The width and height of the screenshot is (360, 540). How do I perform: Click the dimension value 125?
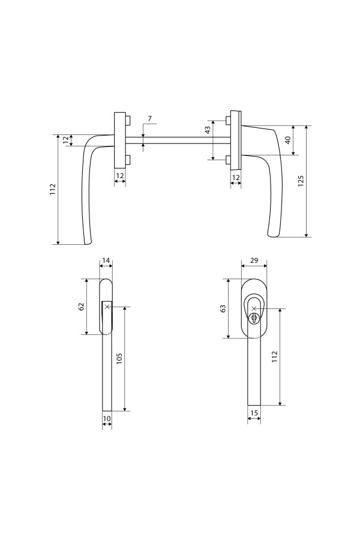point(301,181)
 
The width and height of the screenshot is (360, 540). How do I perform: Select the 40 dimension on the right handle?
point(288,140)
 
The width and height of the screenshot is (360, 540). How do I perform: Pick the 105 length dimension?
point(119,359)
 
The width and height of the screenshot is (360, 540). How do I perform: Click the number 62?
point(82,307)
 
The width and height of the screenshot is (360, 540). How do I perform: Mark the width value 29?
point(253,260)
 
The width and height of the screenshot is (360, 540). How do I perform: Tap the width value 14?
point(106,260)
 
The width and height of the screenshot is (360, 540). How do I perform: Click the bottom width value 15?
point(254,413)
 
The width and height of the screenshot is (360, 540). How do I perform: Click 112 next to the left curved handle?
point(53,190)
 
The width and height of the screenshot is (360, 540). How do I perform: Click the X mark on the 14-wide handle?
point(107,307)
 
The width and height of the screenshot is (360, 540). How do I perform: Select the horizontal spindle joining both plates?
point(177,140)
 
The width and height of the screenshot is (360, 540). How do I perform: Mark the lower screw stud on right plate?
point(228,160)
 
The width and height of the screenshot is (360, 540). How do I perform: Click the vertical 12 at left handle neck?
point(66,140)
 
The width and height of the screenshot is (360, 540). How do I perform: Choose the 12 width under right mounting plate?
point(236,178)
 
